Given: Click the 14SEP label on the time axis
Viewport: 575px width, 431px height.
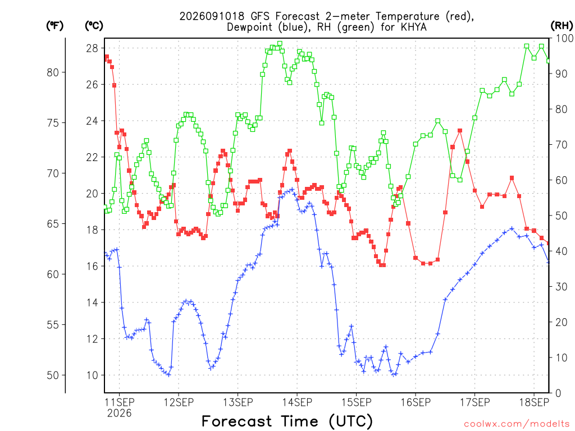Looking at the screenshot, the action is [x=297, y=402].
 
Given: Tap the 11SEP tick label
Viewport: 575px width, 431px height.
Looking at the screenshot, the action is [x=119, y=402].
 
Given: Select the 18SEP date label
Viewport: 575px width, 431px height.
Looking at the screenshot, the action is [x=535, y=402].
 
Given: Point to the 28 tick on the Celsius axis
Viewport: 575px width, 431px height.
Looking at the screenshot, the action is [x=92, y=48].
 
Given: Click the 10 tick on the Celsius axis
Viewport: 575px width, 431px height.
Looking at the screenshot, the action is [x=92, y=375].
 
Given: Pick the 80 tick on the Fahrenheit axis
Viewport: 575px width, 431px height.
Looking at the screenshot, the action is [x=53, y=72].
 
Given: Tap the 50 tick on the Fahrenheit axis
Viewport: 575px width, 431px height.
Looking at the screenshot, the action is [x=53, y=375].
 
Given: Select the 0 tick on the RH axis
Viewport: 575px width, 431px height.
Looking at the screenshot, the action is [x=558, y=393].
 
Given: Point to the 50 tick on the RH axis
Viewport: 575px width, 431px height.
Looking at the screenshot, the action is [x=562, y=215].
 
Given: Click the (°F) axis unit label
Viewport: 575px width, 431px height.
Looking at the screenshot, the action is [x=54, y=26].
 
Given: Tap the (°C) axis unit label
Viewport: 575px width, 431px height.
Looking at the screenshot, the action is [x=94, y=26].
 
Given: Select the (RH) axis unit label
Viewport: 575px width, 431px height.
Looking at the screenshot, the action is [x=562, y=26].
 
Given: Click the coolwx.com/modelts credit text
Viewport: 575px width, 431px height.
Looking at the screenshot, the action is [x=517, y=424].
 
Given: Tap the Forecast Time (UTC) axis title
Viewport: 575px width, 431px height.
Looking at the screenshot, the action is [x=287, y=421].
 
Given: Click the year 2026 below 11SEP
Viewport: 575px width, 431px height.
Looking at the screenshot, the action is [x=119, y=414].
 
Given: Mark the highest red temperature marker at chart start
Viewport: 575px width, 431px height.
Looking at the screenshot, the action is [x=107, y=57].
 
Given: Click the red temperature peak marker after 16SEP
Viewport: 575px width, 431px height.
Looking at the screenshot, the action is [x=460, y=130].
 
